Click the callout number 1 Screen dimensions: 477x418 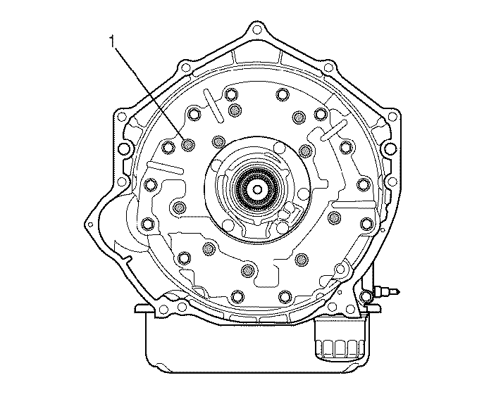(x=113, y=42)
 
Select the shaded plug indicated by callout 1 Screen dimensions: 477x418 (x=187, y=144)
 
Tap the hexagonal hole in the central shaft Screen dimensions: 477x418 (x=257, y=189)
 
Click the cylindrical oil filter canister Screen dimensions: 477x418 (x=340, y=338)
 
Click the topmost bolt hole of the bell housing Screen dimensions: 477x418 (x=257, y=30)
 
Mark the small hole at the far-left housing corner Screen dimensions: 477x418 (x=90, y=224)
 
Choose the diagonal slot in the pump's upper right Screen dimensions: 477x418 (x=334, y=130)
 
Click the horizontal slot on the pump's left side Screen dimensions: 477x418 (x=165, y=167)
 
